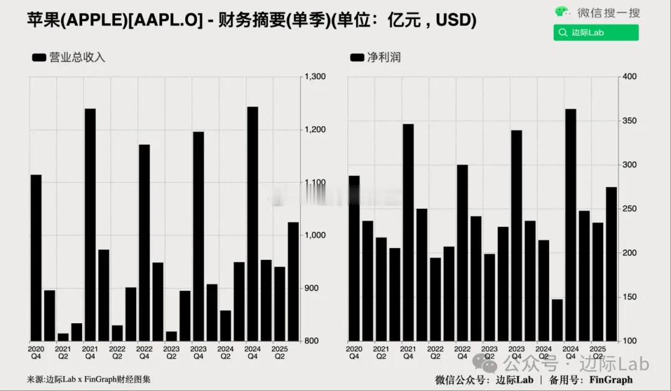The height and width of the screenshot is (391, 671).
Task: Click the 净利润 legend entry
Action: click(x=375, y=57)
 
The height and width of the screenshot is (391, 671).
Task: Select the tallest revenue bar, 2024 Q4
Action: click(x=252, y=224)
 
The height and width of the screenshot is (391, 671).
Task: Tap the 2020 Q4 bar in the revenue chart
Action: click(x=36, y=257)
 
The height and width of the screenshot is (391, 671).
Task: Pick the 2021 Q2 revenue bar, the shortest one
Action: click(x=63, y=337)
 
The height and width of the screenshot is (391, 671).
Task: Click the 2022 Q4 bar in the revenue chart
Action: click(x=144, y=242)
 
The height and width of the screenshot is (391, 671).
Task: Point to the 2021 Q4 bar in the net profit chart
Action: click(x=408, y=232)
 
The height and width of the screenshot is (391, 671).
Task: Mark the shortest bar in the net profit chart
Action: click(x=557, y=320)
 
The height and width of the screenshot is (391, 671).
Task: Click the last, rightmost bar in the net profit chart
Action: click(x=611, y=264)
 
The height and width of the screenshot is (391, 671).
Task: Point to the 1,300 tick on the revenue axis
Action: click(x=315, y=76)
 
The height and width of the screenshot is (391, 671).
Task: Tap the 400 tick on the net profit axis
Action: click(x=630, y=76)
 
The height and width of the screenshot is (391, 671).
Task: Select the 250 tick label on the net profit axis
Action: click(x=630, y=209)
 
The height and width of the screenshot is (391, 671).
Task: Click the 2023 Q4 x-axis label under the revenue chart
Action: click(x=198, y=352)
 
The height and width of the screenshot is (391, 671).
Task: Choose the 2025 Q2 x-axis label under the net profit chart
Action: click(x=597, y=352)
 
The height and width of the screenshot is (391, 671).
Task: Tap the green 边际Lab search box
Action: click(x=595, y=33)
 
